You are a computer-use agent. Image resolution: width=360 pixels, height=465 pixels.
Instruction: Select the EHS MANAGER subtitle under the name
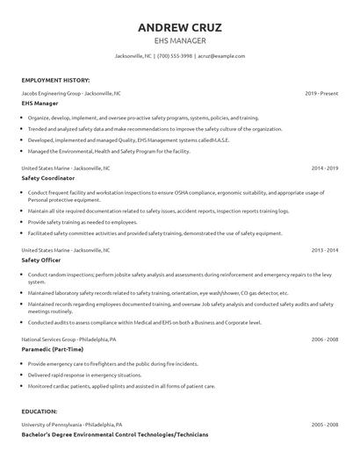pos(180,39)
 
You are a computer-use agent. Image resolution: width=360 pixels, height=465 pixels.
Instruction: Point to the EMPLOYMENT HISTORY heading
pos(52,79)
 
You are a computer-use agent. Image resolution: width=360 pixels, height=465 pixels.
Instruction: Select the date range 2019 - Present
pos(321,92)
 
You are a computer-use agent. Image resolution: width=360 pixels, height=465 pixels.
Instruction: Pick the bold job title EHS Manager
pos(40,104)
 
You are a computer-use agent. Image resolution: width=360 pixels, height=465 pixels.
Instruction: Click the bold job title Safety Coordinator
pos(48,177)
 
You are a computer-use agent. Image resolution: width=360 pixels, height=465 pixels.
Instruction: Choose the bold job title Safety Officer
pos(42,261)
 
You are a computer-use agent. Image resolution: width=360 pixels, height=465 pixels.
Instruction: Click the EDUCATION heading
pos(40,411)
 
